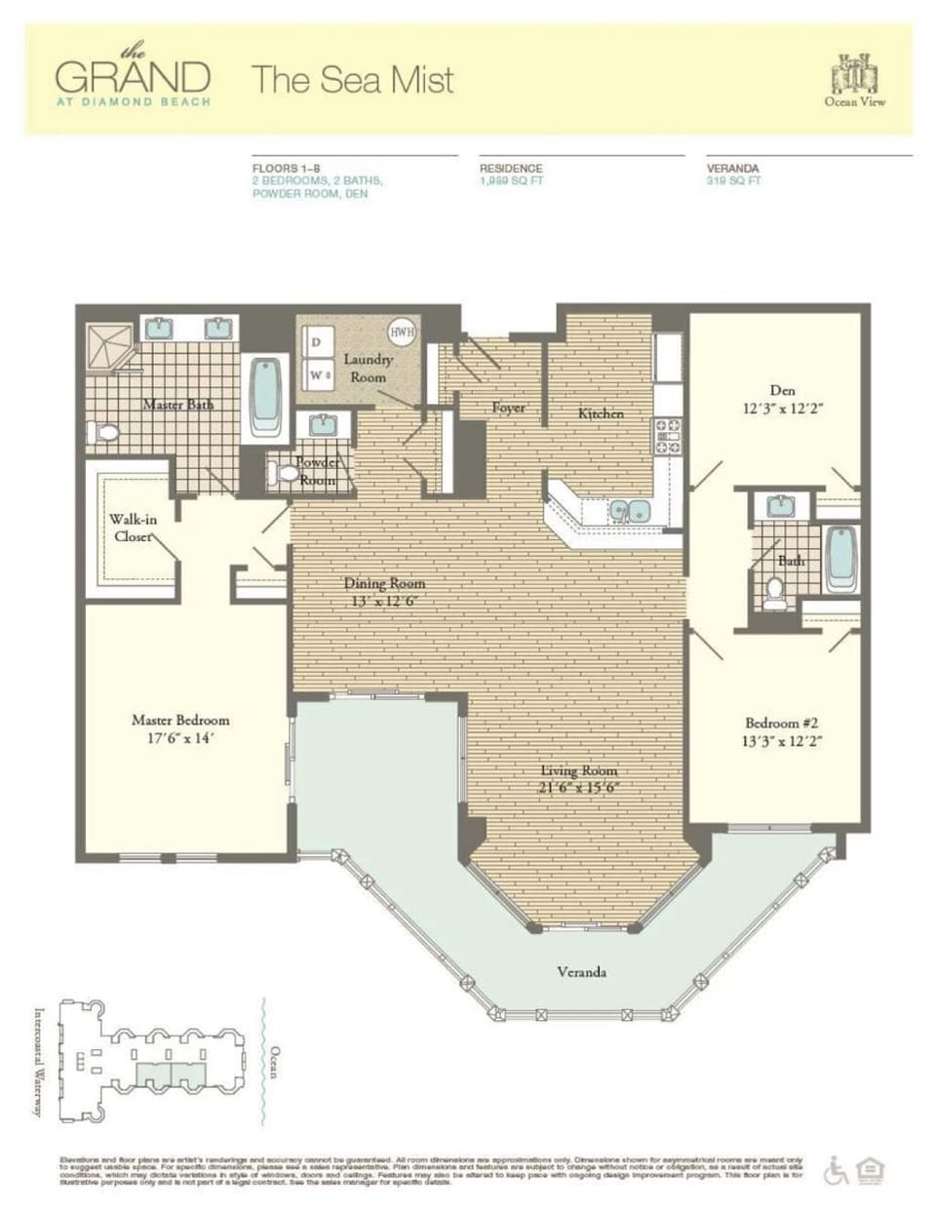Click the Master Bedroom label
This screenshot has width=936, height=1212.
click(180, 720)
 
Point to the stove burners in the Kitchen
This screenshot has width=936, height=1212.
click(668, 435)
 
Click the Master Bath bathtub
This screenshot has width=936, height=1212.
click(266, 397)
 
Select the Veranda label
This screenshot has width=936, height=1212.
click(582, 972)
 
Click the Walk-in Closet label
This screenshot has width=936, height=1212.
click(133, 528)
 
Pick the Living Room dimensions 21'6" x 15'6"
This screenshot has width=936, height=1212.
click(579, 788)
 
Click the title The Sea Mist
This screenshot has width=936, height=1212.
click(353, 80)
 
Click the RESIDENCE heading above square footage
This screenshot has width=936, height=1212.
click(511, 169)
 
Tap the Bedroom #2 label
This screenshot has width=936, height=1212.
click(781, 723)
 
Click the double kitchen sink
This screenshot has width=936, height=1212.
click(628, 510)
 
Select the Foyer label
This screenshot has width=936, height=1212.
click(508, 408)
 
